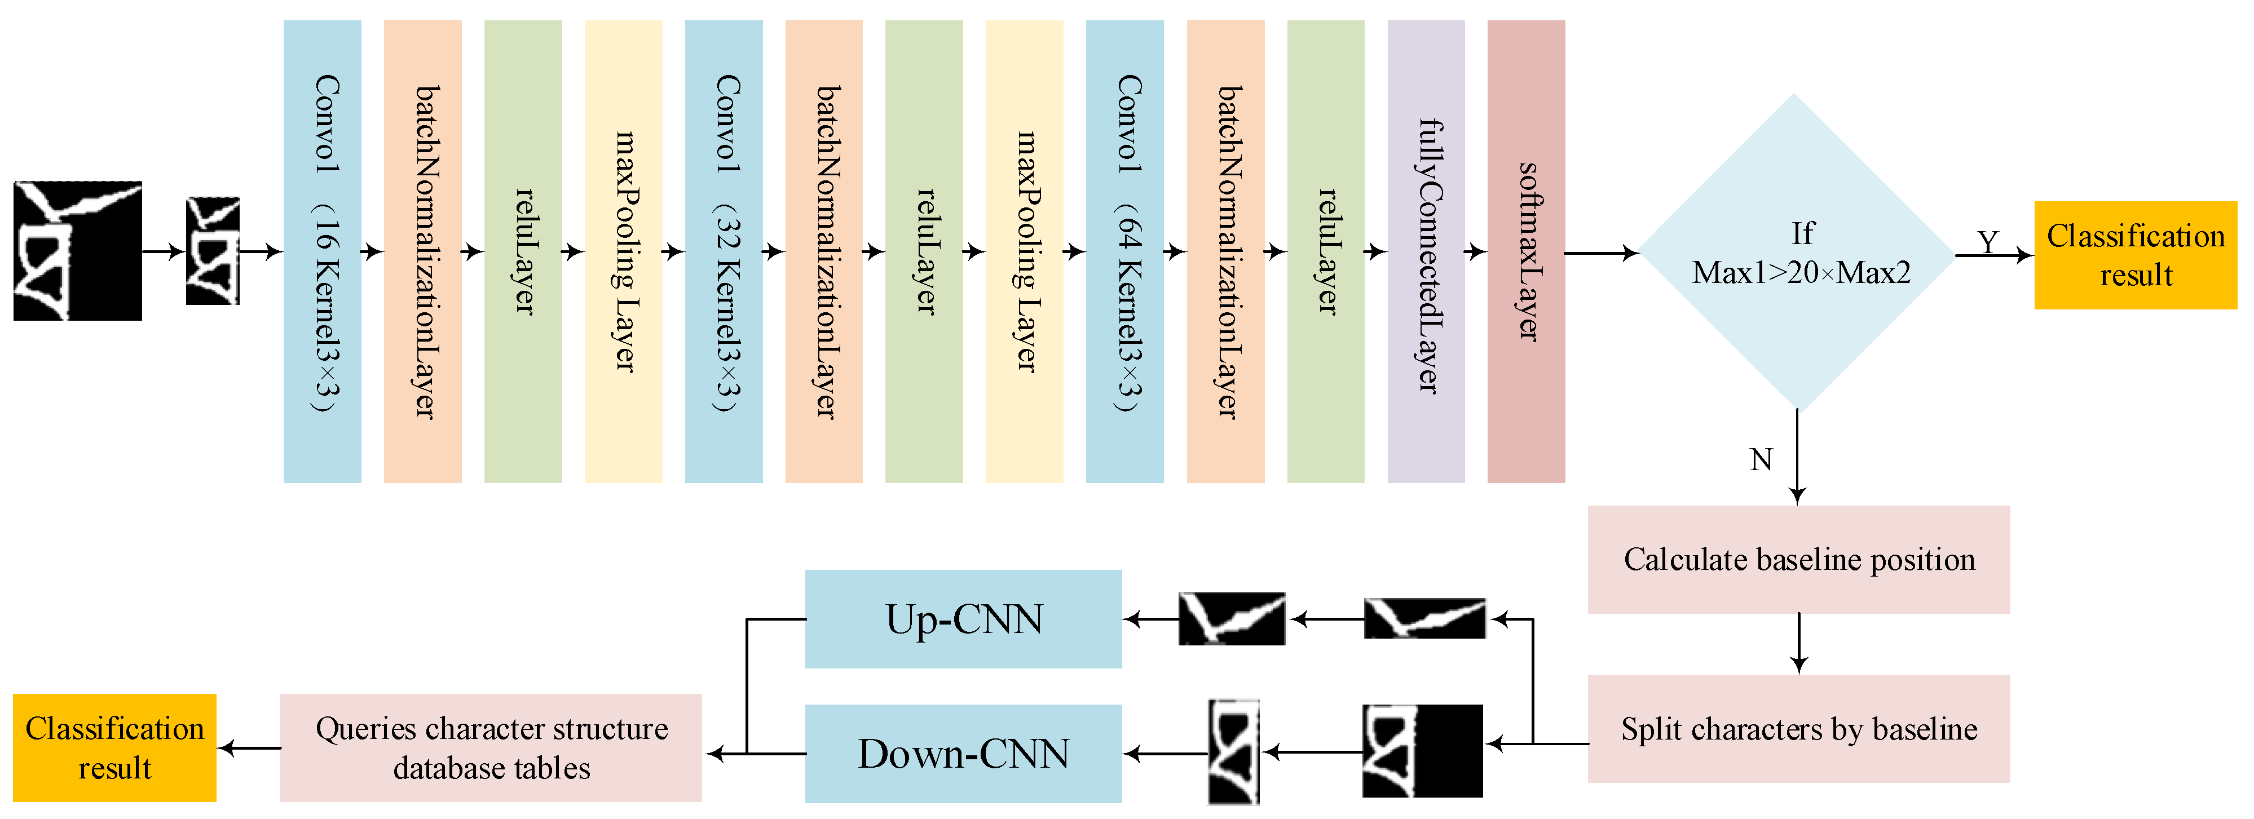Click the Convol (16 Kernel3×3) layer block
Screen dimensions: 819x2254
[x=322, y=252]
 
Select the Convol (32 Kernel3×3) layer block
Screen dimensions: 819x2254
[x=724, y=252]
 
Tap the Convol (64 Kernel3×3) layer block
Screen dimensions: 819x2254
[x=1124, y=252]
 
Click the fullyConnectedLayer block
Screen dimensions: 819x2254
[x=1426, y=252]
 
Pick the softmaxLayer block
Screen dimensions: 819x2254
[x=1526, y=252]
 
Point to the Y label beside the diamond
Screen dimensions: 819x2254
[x=1988, y=241]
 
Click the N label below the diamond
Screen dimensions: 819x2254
[x=1761, y=459]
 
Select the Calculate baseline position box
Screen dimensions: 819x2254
[x=1798, y=559]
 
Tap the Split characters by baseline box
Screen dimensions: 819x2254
[x=1798, y=728]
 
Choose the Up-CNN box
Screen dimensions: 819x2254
[x=963, y=619]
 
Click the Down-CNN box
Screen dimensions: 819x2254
[x=963, y=754]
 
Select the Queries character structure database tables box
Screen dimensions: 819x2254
[x=491, y=747]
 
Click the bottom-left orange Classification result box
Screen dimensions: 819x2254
[x=114, y=747]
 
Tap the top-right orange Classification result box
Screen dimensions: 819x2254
[x=2135, y=255]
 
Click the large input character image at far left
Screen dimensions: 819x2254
[x=77, y=251]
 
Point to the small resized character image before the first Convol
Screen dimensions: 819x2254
[x=213, y=251]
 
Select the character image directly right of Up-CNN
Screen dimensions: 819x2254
[x=1231, y=619]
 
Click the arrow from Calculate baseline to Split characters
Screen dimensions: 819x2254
[x=1799, y=643]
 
